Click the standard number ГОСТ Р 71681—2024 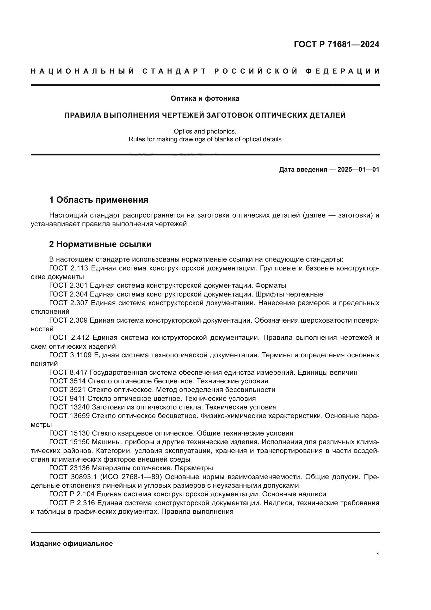pyautogui.click(x=336, y=44)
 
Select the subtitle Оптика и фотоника pyautogui.click(x=205, y=99)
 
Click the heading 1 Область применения pyautogui.click(x=98, y=200)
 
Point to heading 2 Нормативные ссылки pyautogui.click(x=100, y=244)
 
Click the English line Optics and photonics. pyautogui.click(x=205, y=131)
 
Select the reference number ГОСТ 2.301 pyautogui.click(x=69, y=286)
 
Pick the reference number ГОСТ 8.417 pyautogui.click(x=69, y=372)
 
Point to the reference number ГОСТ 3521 pyautogui.click(x=67, y=390)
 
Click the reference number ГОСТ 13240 pyautogui.click(x=70, y=407)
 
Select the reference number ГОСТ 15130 pyautogui.click(x=70, y=433)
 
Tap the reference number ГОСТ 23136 pyautogui.click(x=70, y=468)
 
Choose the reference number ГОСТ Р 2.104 pyautogui.click(x=72, y=494)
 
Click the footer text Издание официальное pyautogui.click(x=72, y=543)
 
